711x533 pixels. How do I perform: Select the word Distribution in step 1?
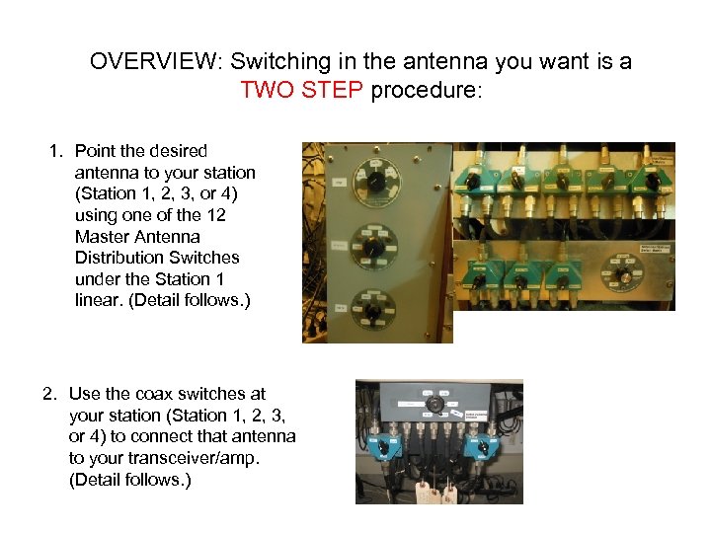(x=120, y=258)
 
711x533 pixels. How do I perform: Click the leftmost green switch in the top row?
(x=475, y=179)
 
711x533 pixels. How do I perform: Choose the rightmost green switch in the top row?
(x=652, y=179)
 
